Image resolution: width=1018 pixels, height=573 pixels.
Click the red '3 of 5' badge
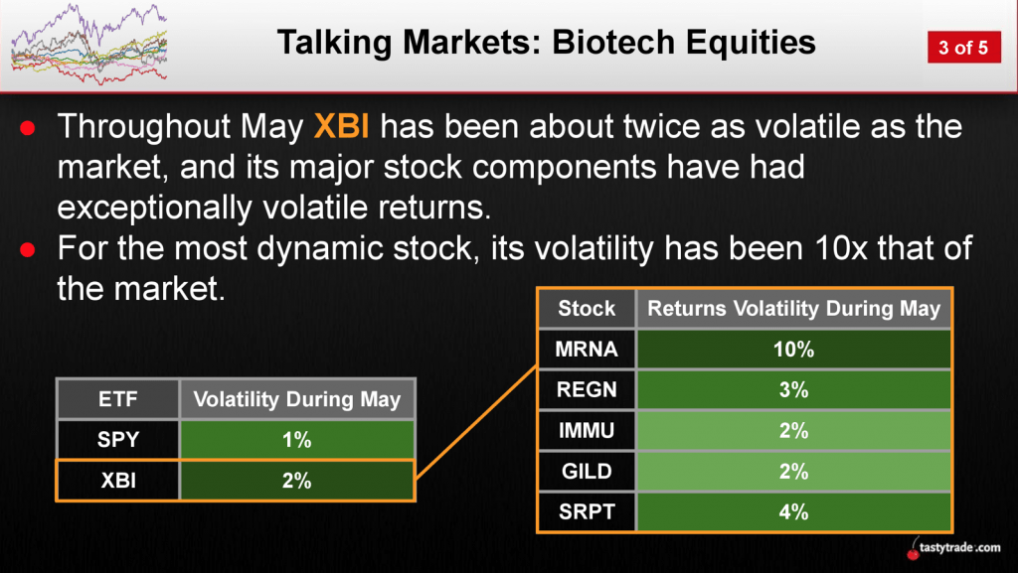pyautogui.click(x=963, y=48)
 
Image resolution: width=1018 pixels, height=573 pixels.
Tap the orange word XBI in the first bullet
pyautogui.click(x=342, y=126)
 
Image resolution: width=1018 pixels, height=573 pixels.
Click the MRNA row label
pyautogui.click(x=587, y=349)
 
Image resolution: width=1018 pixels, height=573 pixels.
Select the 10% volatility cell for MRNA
pyautogui.click(x=793, y=349)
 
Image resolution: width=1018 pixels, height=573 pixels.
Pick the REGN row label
pyautogui.click(x=587, y=389)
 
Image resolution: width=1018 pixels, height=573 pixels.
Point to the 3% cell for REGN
pyautogui.click(x=793, y=389)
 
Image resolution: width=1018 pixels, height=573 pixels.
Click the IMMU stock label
pyautogui.click(x=587, y=430)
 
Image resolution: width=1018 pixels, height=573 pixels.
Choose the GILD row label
pyautogui.click(x=587, y=472)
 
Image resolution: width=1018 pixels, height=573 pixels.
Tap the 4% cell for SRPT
pyautogui.click(x=793, y=512)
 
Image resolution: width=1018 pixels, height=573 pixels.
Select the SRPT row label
pyautogui.click(x=587, y=512)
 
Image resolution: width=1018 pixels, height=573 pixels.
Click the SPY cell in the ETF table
pyautogui.click(x=118, y=440)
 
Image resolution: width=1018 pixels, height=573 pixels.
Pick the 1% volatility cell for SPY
pyautogui.click(x=296, y=440)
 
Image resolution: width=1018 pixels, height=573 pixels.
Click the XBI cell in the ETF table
pyautogui.click(x=118, y=481)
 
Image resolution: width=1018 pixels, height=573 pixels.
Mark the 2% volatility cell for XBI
pyautogui.click(x=296, y=481)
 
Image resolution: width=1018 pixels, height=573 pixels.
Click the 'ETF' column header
pyautogui.click(x=118, y=398)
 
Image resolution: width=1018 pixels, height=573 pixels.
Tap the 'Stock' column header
pyautogui.click(x=587, y=308)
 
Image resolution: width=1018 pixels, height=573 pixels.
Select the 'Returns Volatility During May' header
pyautogui.click(x=793, y=308)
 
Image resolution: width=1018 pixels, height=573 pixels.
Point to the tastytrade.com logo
pyautogui.click(x=953, y=548)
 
